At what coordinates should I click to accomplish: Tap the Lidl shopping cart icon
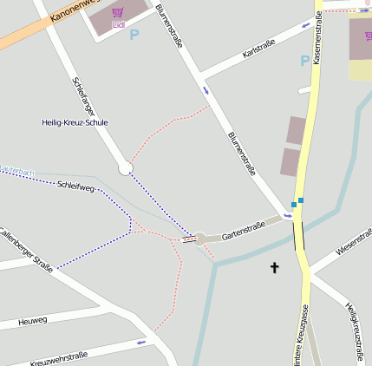click(118, 13)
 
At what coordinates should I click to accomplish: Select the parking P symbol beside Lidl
click(134, 36)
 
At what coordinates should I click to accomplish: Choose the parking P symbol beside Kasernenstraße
click(304, 62)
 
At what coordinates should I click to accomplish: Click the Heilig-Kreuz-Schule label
click(75, 123)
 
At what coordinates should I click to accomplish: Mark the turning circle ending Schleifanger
click(126, 168)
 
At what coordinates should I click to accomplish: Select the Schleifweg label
click(75, 186)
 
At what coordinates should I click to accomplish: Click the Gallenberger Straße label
click(26, 251)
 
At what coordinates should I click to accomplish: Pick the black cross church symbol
click(275, 267)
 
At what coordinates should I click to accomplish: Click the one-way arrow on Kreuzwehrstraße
click(141, 343)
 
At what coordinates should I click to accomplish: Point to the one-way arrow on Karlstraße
click(304, 26)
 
